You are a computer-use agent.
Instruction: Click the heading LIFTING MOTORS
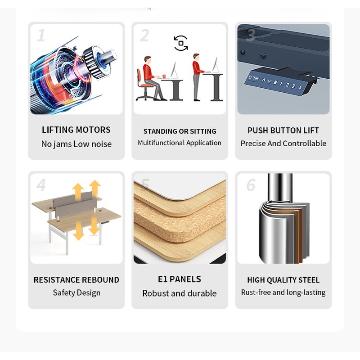click(x=76, y=130)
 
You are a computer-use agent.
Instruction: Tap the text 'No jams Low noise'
click(x=76, y=144)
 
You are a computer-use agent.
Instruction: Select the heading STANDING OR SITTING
click(x=180, y=131)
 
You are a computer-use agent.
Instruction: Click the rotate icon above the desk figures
click(x=181, y=43)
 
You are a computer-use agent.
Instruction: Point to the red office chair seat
click(x=146, y=85)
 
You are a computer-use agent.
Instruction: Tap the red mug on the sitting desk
click(x=164, y=76)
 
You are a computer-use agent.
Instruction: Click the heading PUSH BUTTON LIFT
click(x=283, y=130)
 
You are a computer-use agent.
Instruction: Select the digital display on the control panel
click(x=253, y=78)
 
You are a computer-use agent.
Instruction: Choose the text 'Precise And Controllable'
click(x=283, y=144)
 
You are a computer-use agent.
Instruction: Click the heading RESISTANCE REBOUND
click(x=76, y=279)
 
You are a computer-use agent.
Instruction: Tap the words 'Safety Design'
click(x=76, y=293)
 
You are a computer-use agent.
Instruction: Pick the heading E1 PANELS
click(x=180, y=279)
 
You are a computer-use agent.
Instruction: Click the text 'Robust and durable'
click(x=180, y=293)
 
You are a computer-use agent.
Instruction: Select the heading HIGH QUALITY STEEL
click(x=283, y=280)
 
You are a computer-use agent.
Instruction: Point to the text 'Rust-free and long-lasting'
click(x=283, y=292)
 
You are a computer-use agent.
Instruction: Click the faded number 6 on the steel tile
click(x=251, y=185)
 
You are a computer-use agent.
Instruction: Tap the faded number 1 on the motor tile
click(x=41, y=36)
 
